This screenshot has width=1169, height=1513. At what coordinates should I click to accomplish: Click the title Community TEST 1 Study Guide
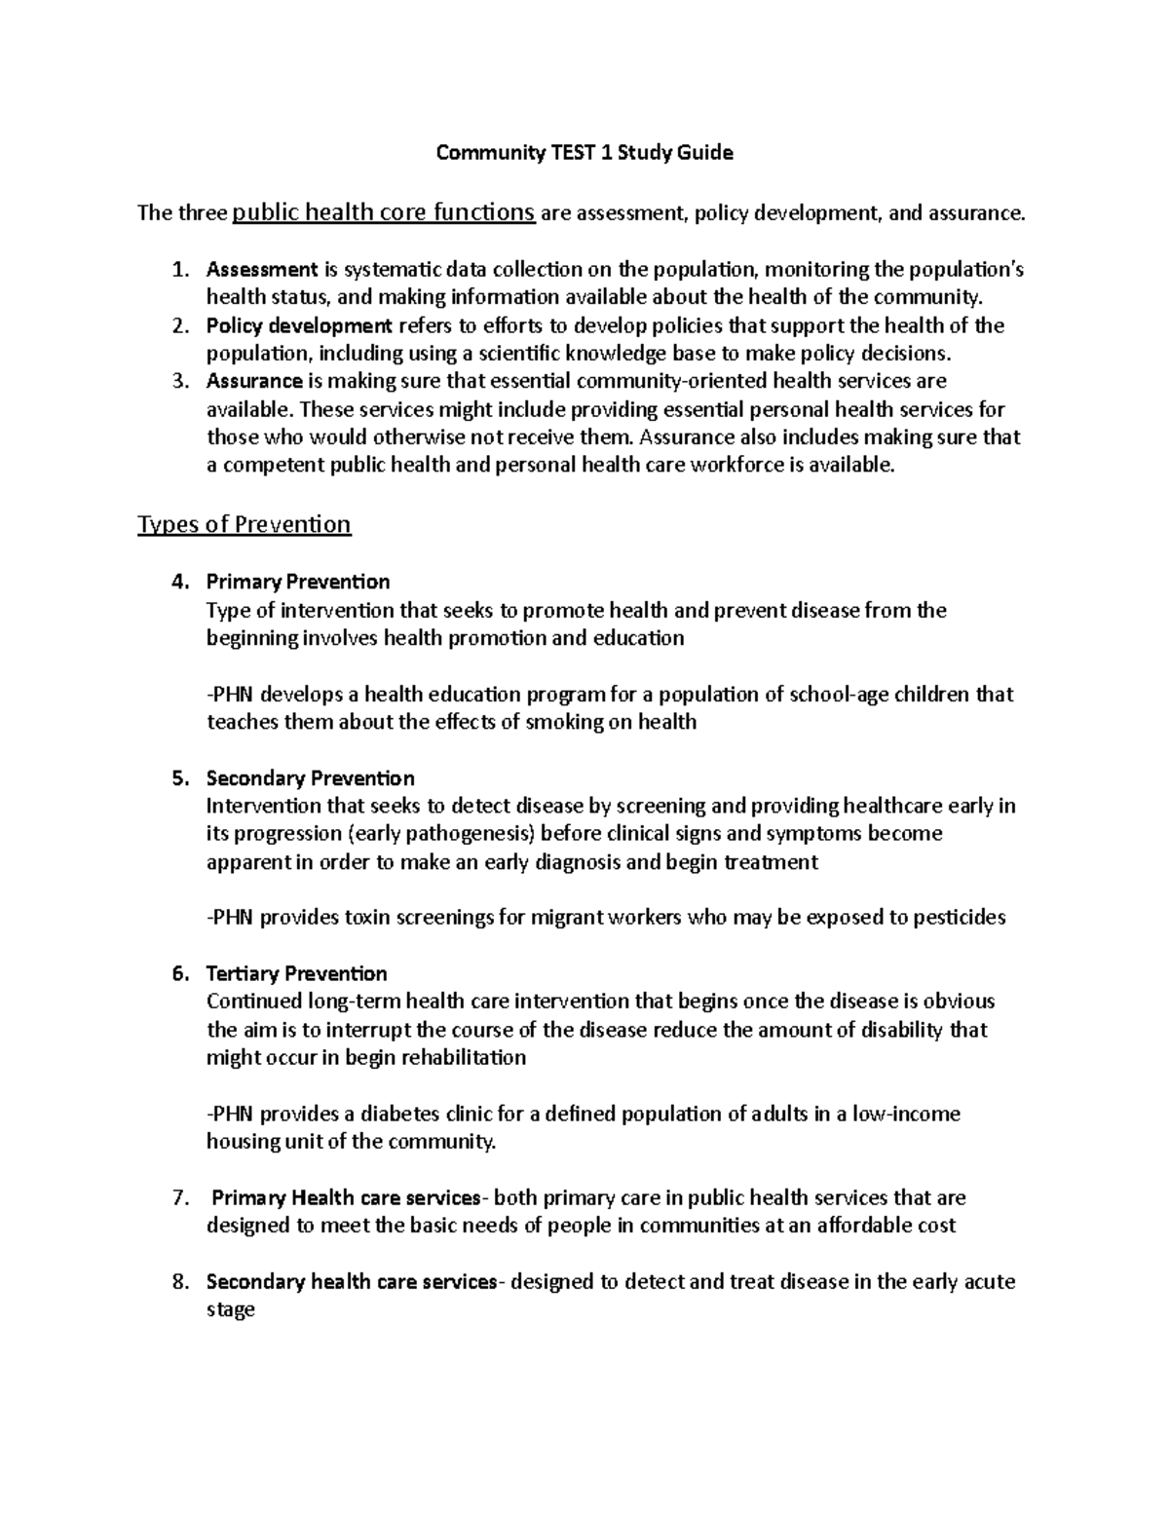(584, 153)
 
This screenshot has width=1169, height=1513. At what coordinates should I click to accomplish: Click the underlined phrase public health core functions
(384, 212)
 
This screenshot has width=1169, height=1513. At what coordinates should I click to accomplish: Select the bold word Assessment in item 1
(262, 269)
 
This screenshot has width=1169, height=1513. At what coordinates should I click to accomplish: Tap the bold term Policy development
(299, 325)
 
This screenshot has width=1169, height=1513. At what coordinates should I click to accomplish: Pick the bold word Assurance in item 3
(254, 381)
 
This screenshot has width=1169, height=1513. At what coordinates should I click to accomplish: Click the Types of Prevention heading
(244, 525)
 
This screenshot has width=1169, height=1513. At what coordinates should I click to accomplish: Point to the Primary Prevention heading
(297, 582)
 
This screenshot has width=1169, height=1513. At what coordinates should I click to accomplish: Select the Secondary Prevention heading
(310, 778)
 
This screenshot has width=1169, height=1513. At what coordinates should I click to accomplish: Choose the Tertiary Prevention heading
(296, 974)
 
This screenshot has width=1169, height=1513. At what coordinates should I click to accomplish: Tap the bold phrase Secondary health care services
(352, 1282)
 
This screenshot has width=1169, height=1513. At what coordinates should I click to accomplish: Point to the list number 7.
(178, 1197)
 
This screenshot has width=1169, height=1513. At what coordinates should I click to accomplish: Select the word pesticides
(959, 918)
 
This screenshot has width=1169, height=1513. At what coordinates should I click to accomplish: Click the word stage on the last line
(231, 1310)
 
